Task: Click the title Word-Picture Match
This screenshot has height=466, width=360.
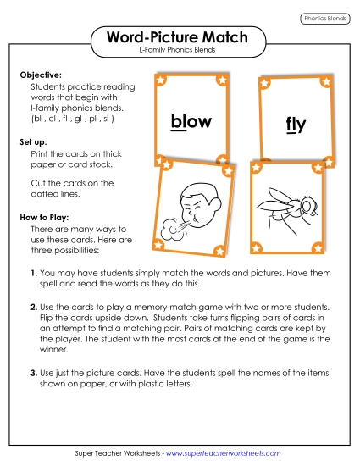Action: [179, 37]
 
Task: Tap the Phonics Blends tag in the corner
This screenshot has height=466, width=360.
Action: [326, 18]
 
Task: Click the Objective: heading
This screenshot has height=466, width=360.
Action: [41, 75]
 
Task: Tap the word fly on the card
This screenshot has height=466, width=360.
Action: [295, 125]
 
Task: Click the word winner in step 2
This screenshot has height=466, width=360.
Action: [56, 345]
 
